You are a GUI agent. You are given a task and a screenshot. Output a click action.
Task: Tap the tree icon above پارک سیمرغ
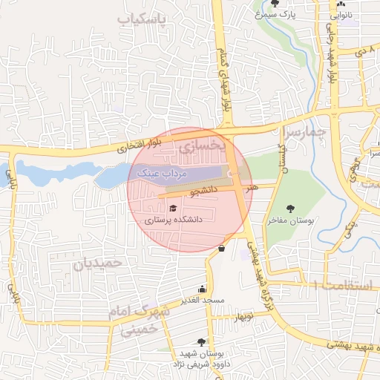point(275,4)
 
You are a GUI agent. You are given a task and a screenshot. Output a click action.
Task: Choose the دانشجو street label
point(205,191)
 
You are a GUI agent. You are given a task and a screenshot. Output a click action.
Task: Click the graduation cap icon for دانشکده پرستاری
point(174,209)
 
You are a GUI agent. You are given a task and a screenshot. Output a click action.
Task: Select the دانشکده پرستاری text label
point(173,220)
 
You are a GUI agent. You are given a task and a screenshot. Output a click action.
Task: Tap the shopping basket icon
point(222,248)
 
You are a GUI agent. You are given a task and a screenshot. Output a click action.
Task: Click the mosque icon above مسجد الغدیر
point(202,289)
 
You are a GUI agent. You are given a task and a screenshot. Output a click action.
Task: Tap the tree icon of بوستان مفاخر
point(290,209)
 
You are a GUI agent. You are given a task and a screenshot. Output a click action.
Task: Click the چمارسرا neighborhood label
point(305,132)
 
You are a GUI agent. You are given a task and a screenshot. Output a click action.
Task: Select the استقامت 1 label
point(344,285)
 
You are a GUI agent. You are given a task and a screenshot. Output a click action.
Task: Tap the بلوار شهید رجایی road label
point(332,63)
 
